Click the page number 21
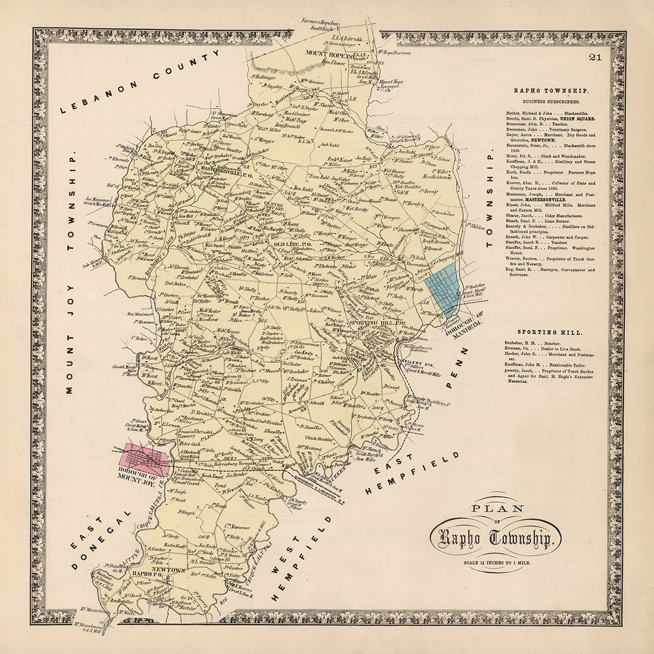point(595,58)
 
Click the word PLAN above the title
point(494,510)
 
